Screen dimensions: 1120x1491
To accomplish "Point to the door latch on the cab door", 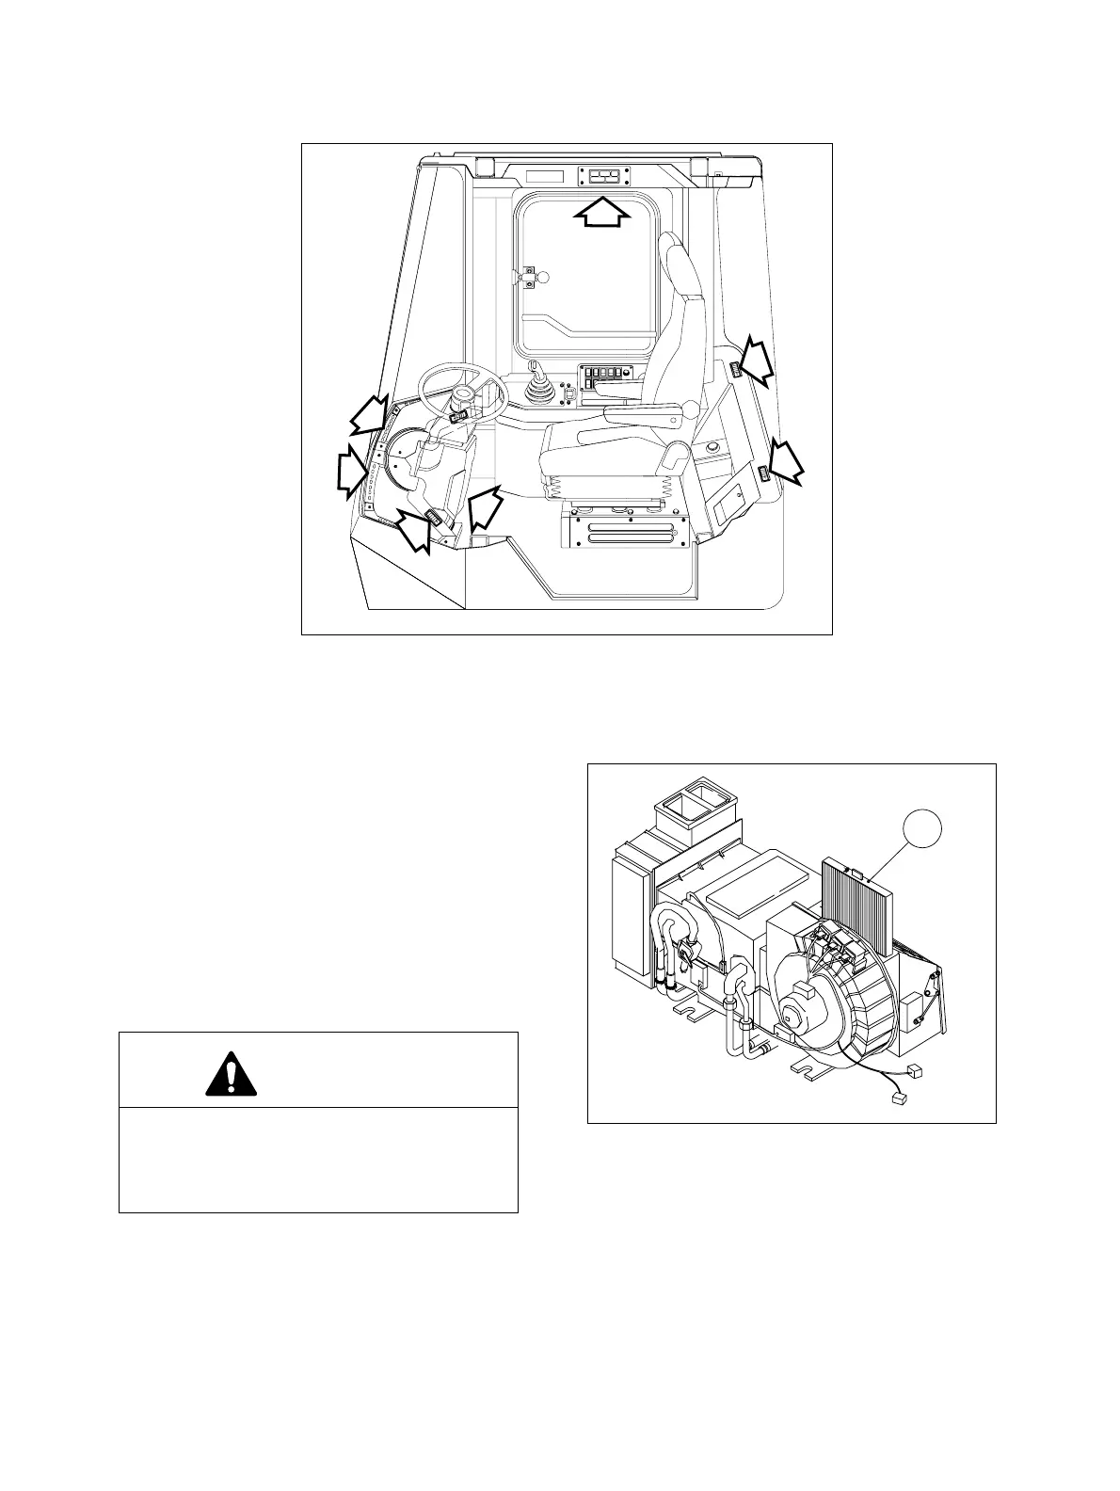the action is [530, 276].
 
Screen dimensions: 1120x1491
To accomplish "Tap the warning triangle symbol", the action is [231, 1071].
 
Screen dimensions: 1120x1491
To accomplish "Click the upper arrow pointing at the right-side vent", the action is [755, 361].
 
